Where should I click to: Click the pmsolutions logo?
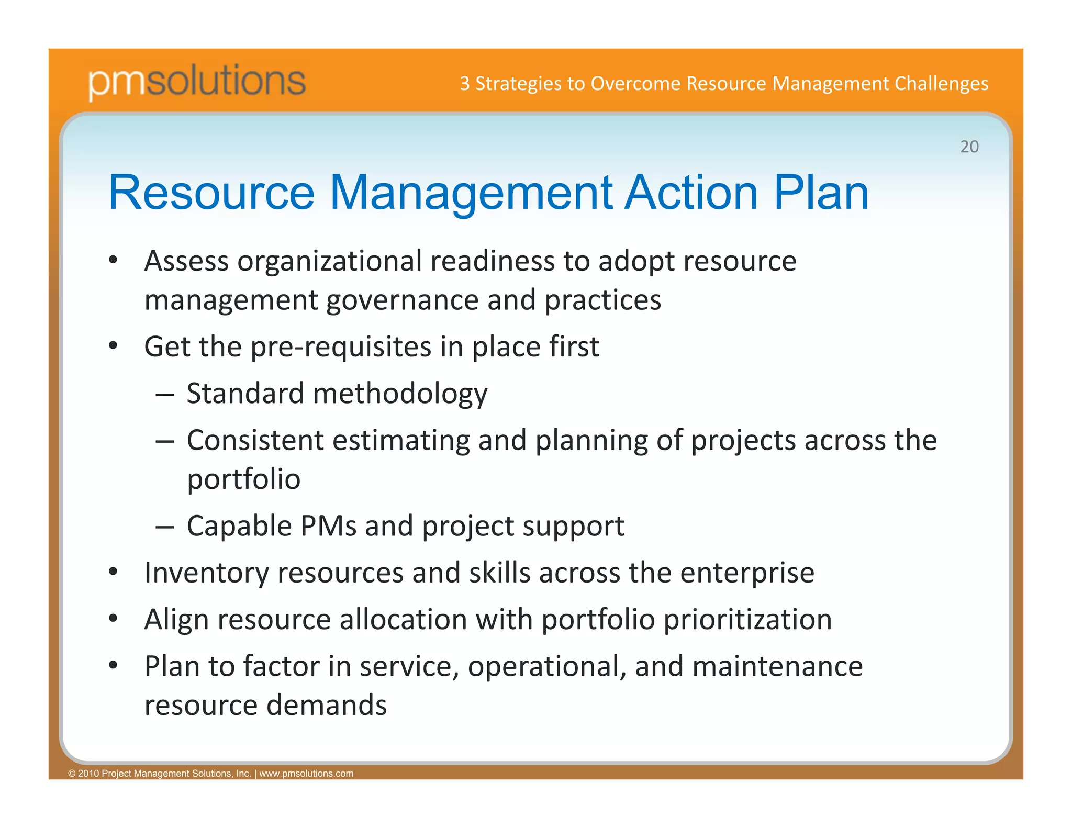pyautogui.click(x=196, y=81)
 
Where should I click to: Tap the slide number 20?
pyautogui.click(x=969, y=147)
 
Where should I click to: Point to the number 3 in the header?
pyautogui.click(x=464, y=84)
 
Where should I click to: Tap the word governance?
pyautogui.click(x=402, y=300)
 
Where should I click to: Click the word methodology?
pyautogui.click(x=400, y=394)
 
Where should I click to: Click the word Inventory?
pyautogui.click(x=206, y=573)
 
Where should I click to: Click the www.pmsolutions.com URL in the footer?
pyautogui.click(x=306, y=774)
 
